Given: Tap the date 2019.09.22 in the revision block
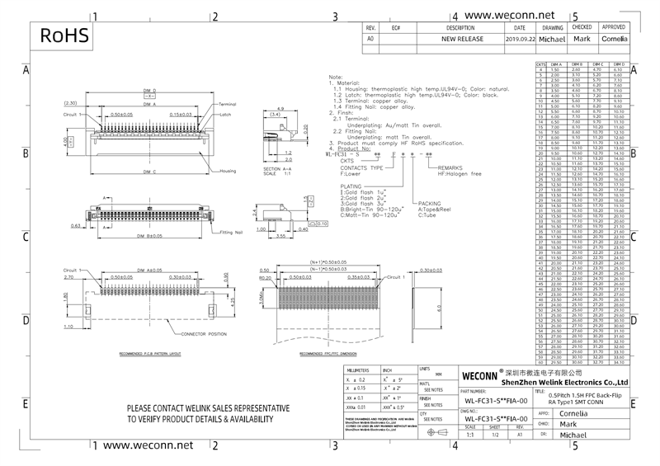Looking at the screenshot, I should (x=519, y=39).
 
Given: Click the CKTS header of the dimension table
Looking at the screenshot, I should (x=541, y=63).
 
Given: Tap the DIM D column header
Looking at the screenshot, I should (x=618, y=63).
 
